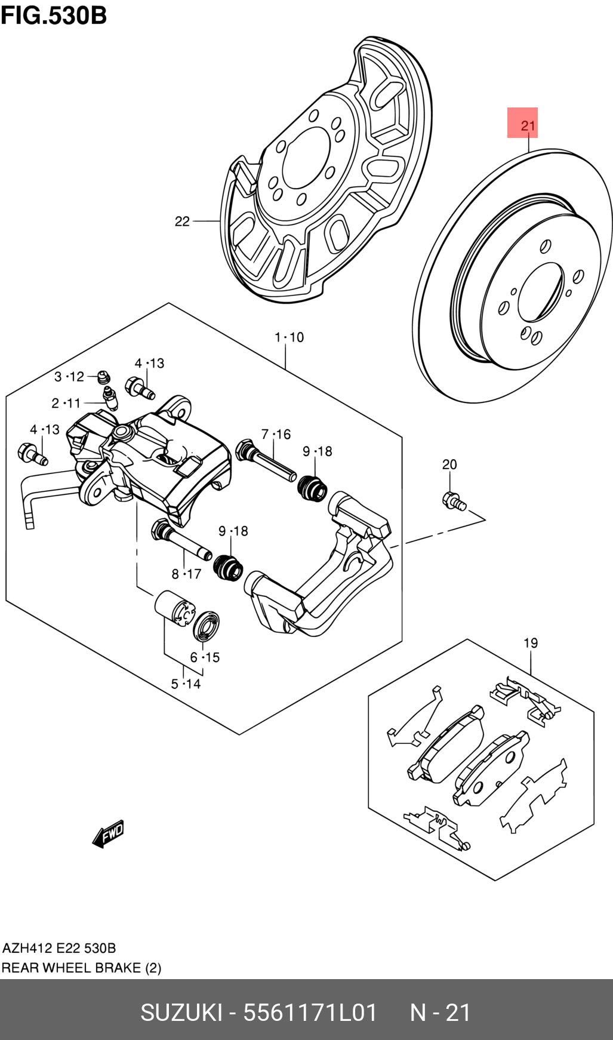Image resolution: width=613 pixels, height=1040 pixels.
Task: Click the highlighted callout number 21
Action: pos(522,124)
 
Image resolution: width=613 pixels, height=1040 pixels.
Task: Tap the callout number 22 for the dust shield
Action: pos(182,221)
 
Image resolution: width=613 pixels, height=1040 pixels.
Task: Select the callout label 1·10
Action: pos(289,337)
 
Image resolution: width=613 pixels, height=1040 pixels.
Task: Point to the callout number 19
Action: pos(530,643)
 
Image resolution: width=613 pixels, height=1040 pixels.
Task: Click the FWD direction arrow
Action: pos(109,833)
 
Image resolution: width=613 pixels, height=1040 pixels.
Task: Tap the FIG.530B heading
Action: pos(54,15)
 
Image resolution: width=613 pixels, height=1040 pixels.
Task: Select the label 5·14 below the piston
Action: pos(186,684)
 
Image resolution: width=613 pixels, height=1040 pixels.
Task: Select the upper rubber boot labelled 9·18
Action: pos(312,488)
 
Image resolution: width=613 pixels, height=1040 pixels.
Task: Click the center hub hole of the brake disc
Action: pos(540,292)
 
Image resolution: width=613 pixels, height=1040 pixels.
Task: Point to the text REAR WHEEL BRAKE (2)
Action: pos(81,968)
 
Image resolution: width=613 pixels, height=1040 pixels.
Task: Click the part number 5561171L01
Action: pos(310,1013)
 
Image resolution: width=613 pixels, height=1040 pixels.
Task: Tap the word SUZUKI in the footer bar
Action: pos(181,1013)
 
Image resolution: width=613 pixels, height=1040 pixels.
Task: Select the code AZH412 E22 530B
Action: pos(59,948)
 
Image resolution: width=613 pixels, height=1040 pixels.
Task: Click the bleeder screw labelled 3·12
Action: pos(103,377)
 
